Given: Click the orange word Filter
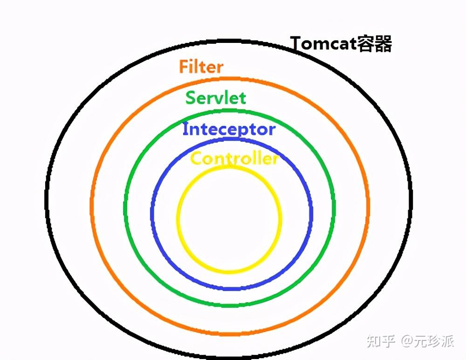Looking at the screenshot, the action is [201, 66].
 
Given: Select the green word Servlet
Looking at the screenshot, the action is [216, 97].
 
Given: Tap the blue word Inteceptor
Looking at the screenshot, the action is [229, 130].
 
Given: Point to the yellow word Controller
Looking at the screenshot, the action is [234, 158].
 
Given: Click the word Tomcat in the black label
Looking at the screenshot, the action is [323, 43].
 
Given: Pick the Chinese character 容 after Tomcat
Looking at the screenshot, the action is [365, 44].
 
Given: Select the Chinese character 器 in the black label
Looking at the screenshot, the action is [383, 44].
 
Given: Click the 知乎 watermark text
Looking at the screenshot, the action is [381, 341].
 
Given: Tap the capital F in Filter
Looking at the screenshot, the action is [183, 66].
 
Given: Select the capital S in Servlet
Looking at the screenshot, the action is [191, 97].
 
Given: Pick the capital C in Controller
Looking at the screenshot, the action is [197, 158].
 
